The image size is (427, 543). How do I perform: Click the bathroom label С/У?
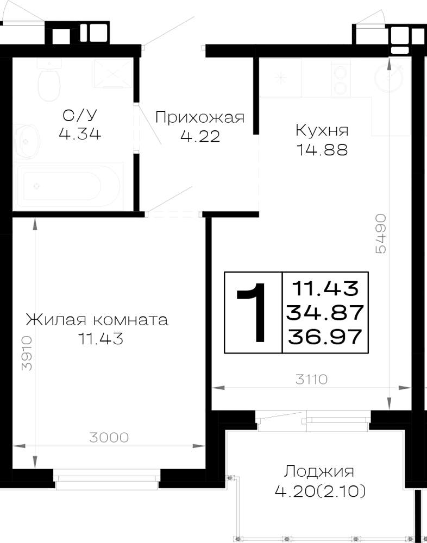pyautogui.click(x=80, y=116)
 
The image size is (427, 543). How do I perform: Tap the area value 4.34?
pyautogui.click(x=80, y=134)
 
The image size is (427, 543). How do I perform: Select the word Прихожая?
pyautogui.click(x=200, y=118)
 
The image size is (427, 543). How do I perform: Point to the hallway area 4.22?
pyautogui.click(x=200, y=136)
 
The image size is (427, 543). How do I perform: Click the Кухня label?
pyautogui.click(x=322, y=131)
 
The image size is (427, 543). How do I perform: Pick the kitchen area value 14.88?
pyautogui.click(x=322, y=150)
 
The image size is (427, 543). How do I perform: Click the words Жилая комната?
pyautogui.click(x=97, y=320)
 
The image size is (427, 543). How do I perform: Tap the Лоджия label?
pyautogui.click(x=319, y=472)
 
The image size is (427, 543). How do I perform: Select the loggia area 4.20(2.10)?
pyautogui.click(x=320, y=491)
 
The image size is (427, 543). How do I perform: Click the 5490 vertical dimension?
pyautogui.click(x=381, y=233)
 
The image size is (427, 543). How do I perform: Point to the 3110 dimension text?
pyautogui.click(x=312, y=380)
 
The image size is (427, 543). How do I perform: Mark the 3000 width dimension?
pyautogui.click(x=109, y=438)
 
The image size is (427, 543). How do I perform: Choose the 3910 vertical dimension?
pyautogui.click(x=27, y=353)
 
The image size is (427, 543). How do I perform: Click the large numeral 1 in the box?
pyautogui.click(x=252, y=312)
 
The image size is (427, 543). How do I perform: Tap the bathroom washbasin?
pyautogui.click(x=27, y=141)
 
